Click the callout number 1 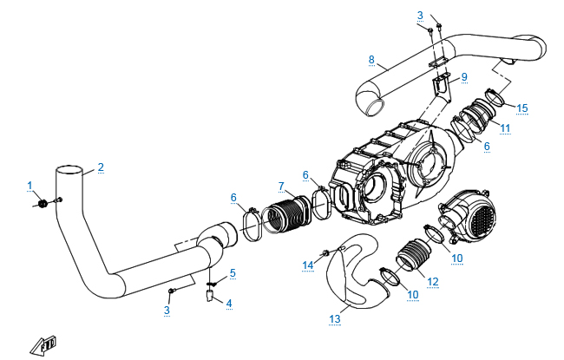coord(30,186)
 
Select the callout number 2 coord(101,167)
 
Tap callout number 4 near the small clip coord(229,303)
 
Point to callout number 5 coord(233,273)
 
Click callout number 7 coord(281,187)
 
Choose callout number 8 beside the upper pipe coord(371,59)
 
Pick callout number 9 coord(464,77)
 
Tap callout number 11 coord(505,128)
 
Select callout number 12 coord(433,282)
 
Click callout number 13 coord(335,318)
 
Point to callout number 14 coord(308,265)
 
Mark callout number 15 coord(522,108)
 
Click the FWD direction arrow coord(44,345)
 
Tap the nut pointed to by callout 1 coord(43,204)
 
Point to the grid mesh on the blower coord(482,219)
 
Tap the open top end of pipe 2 coord(69,170)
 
